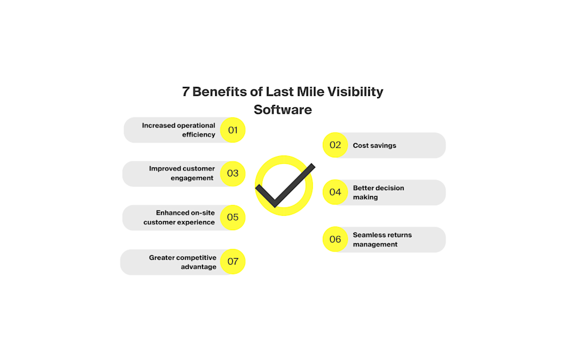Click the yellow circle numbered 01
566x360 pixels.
233,130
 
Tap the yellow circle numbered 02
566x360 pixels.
335,145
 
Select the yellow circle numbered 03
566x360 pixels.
233,173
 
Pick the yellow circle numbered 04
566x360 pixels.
335,192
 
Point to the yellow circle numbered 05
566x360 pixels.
233,217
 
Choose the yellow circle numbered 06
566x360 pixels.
335,239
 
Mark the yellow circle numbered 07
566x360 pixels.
233,261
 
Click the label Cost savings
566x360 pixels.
374,145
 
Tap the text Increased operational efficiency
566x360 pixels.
179,130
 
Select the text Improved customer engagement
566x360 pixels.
182,173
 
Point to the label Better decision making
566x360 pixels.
378,193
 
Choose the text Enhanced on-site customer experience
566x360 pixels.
179,218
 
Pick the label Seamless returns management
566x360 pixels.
382,240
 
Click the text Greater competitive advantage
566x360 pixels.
182,262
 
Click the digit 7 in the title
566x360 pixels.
186,92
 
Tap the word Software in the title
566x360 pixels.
282,110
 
